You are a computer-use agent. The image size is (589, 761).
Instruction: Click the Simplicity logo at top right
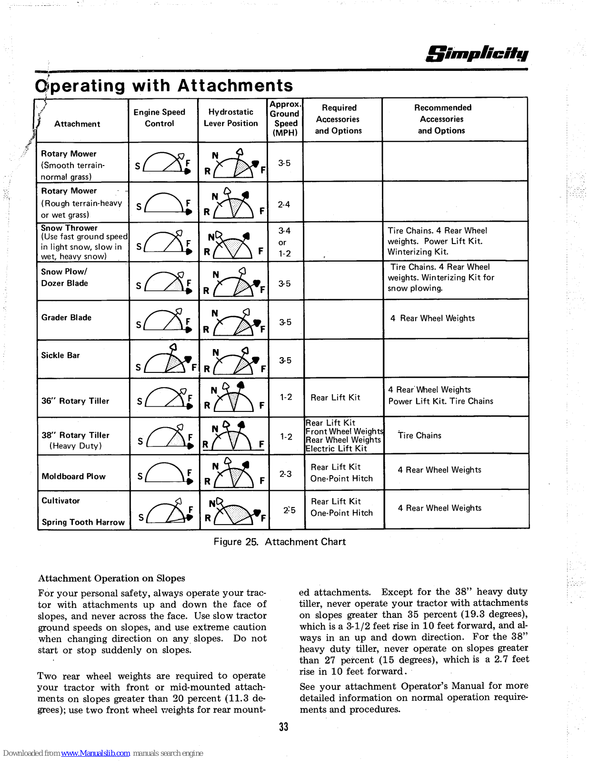[x=477, y=53]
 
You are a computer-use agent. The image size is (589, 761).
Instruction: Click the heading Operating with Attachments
[x=164, y=86]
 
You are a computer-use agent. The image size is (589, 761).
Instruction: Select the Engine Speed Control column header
[x=160, y=117]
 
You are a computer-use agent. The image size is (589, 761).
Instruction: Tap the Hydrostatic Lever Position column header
[x=231, y=117]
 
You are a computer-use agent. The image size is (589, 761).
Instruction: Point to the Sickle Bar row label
[x=60, y=355]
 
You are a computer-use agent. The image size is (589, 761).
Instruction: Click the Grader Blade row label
[x=66, y=317]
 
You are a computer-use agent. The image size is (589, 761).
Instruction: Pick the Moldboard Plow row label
[x=74, y=476]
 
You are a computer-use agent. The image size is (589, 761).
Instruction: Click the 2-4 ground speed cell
[x=284, y=205]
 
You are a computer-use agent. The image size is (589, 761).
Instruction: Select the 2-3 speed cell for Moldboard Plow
[x=285, y=474]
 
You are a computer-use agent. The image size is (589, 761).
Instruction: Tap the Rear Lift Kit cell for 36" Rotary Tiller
[x=335, y=398]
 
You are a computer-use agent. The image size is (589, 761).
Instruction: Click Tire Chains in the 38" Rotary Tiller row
[x=419, y=435]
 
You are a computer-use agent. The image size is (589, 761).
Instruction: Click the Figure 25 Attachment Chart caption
[x=280, y=542]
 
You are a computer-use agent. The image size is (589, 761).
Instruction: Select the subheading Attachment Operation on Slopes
[x=111, y=578]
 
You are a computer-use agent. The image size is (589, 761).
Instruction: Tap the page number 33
[x=284, y=727]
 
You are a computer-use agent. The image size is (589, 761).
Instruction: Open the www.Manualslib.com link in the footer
[x=95, y=753]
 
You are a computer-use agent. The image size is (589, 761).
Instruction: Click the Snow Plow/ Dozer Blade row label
[x=64, y=277]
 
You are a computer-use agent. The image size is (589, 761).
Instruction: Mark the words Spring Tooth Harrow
[x=83, y=522]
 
